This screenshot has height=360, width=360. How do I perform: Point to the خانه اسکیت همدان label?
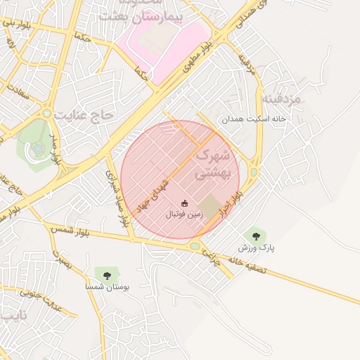tap(255, 120)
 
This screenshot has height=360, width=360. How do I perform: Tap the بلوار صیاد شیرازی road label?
tap(117, 198)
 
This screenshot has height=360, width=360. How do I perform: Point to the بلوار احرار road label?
tap(231, 202)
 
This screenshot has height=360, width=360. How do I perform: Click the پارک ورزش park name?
tap(256, 247)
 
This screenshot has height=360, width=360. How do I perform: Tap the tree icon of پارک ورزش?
tap(255, 236)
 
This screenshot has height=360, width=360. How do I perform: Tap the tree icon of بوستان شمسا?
tap(107, 275)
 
